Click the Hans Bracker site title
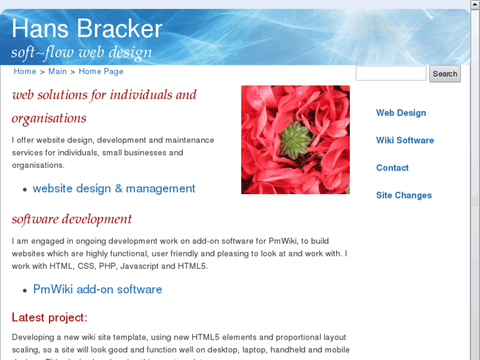click(86, 29)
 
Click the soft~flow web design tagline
click(81, 52)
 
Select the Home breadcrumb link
click(24, 71)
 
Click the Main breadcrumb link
click(57, 71)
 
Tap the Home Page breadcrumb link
click(101, 71)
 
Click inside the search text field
click(391, 73)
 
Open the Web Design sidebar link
click(401, 113)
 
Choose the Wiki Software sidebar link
click(405, 140)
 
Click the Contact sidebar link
click(392, 168)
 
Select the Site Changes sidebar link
click(403, 196)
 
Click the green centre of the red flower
click(294, 139)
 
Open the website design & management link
click(114, 188)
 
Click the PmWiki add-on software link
click(97, 289)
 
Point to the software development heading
click(72, 219)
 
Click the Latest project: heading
click(50, 318)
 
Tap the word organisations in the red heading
click(49, 119)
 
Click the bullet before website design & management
click(25, 190)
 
